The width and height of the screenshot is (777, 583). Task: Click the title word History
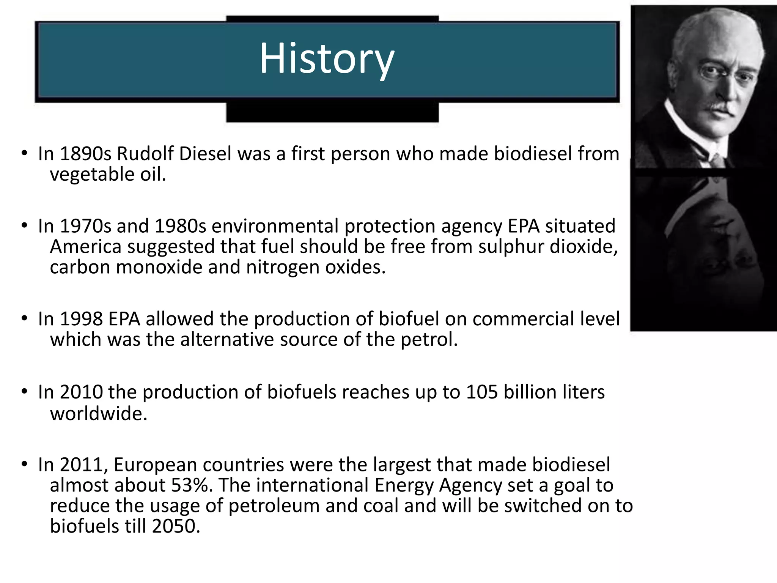[327, 59]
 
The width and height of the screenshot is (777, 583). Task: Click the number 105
[481, 392]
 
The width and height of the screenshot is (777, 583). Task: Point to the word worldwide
[98, 413]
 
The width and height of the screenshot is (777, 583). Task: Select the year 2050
[176, 526]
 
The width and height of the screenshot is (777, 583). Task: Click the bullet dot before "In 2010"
[25, 391]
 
